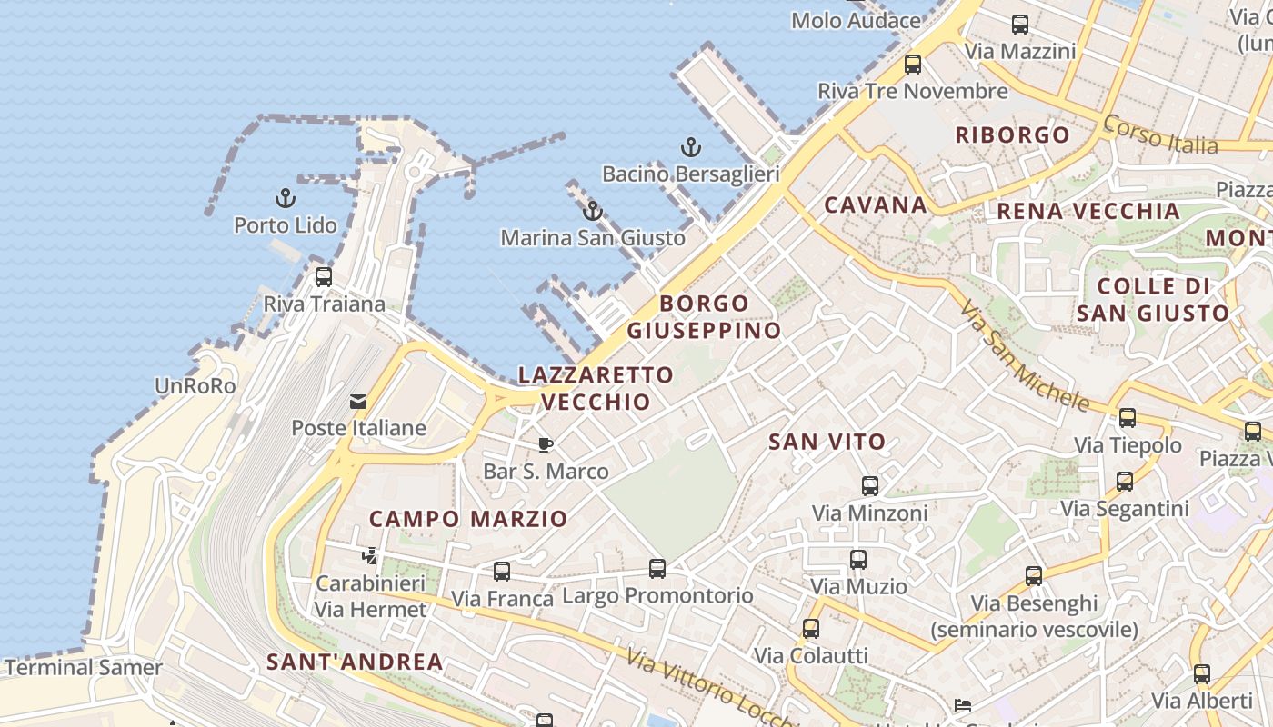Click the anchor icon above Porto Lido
[286, 197]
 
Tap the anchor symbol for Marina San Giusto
[593, 211]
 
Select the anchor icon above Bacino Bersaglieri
[691, 146]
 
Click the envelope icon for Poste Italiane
[358, 401]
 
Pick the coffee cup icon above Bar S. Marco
[545, 444]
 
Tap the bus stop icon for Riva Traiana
[324, 276]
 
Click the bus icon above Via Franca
[502, 572]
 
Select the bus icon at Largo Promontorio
[657, 569]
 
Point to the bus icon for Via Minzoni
[870, 486]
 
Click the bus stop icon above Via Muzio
[858, 560]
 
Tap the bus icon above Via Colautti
[811, 628]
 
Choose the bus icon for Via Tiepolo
[1128, 418]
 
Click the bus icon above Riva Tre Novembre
[913, 65]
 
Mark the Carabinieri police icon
[370, 555]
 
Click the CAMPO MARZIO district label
[467, 519]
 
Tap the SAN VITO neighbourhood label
[827, 442]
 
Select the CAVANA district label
[876, 204]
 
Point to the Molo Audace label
[856, 20]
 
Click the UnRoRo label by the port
[195, 386]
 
